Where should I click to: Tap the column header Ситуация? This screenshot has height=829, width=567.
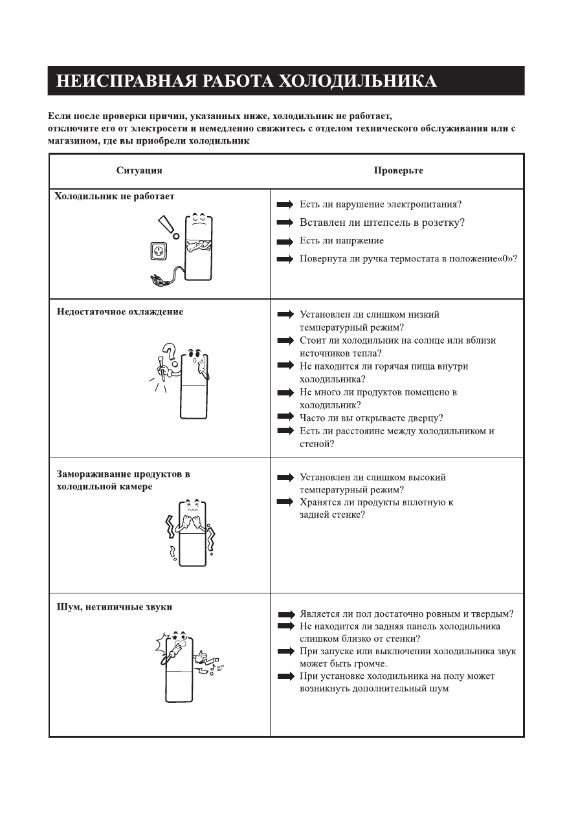[x=139, y=171]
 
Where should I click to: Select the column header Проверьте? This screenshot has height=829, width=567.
[x=398, y=171]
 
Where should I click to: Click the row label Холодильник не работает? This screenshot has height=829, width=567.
[x=115, y=195]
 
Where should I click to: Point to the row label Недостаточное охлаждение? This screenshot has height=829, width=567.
[x=120, y=312]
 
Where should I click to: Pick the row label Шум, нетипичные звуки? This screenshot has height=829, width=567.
[x=114, y=607]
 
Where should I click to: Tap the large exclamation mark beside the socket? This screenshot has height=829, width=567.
[x=168, y=227]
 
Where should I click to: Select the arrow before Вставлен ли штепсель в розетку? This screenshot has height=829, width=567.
[x=285, y=223]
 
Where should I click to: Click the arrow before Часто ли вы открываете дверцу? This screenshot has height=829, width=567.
[x=285, y=418]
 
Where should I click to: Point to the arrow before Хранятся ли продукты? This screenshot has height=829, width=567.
[x=285, y=502]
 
